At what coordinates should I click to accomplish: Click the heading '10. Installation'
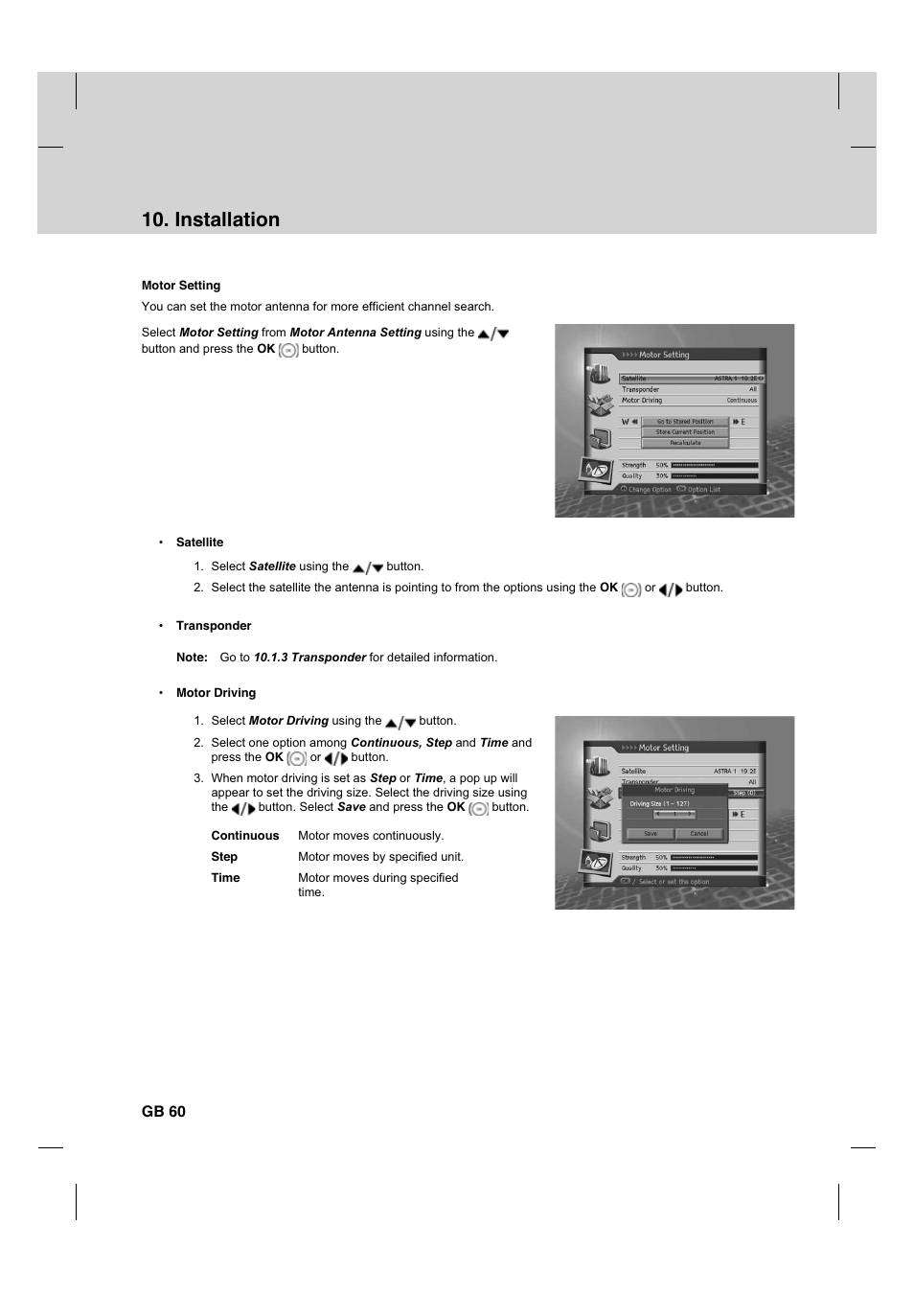[211, 220]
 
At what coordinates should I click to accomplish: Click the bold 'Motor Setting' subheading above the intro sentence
[181, 286]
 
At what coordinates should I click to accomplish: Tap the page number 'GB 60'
[164, 1112]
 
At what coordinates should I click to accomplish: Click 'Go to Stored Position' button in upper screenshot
[685, 422]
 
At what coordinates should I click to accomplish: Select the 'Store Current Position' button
[685, 432]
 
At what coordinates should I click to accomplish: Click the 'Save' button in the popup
[651, 833]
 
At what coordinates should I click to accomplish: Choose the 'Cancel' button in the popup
[699, 833]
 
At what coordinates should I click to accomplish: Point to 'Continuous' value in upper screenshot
[742, 401]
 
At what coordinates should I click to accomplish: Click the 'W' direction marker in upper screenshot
[626, 422]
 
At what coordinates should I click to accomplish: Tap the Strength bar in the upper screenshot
[715, 465]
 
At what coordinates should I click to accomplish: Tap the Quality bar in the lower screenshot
[715, 868]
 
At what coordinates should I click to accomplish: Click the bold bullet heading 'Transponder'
[214, 626]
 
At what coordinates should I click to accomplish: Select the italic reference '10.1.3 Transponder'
[309, 658]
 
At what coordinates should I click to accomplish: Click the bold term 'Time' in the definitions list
[226, 878]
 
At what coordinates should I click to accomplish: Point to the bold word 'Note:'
[192, 658]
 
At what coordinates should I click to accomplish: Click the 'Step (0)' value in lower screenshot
[744, 793]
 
